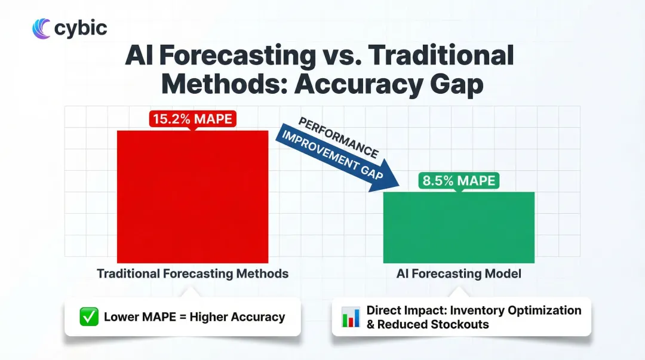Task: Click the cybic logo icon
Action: pyautogui.click(x=41, y=28)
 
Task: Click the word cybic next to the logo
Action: pyautogui.click(x=80, y=28)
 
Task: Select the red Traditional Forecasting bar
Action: pyautogui.click(x=192, y=197)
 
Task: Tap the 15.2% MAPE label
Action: pyautogui.click(x=192, y=119)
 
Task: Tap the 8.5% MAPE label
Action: pyautogui.click(x=458, y=180)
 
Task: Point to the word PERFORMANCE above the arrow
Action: pyautogui.click(x=338, y=137)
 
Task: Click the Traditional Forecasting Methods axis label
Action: pyautogui.click(x=192, y=274)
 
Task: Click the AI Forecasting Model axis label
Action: pyautogui.click(x=458, y=274)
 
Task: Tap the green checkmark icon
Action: pyautogui.click(x=89, y=317)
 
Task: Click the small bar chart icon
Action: pyautogui.click(x=350, y=317)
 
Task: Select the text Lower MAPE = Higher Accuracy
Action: pyautogui.click(x=194, y=317)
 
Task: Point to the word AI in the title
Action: pyautogui.click(x=139, y=56)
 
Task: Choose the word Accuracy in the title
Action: pyautogui.click(x=356, y=84)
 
